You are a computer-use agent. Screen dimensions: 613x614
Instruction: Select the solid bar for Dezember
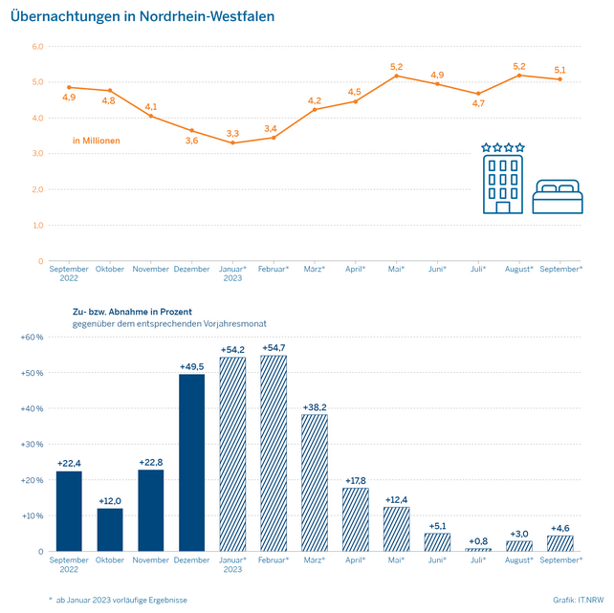point(192,462)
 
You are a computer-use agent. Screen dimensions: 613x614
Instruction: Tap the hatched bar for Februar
point(274,453)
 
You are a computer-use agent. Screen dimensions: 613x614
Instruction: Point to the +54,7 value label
point(274,345)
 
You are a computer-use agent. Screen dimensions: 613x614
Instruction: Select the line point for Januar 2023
point(232,142)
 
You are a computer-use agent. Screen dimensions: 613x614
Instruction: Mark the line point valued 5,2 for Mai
point(397,76)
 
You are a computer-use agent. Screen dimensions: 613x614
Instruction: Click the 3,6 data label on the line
point(191,141)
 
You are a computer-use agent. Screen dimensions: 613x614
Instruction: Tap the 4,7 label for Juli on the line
point(478,104)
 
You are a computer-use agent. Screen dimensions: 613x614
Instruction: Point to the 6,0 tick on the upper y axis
point(37,46)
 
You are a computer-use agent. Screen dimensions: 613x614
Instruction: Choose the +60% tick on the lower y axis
point(33,337)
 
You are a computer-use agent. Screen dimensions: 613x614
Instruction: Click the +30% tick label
point(33,444)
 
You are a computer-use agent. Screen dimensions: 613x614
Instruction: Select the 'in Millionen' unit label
point(97,141)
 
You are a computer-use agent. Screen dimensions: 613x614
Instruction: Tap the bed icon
point(557,196)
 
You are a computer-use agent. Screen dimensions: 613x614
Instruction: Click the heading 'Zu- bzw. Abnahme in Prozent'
point(132,312)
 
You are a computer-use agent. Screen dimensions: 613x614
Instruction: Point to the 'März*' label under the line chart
point(315,269)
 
